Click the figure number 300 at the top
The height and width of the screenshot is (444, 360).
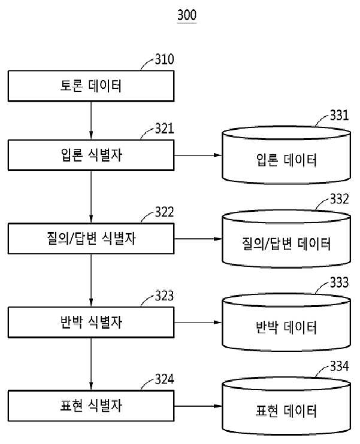(x=187, y=14)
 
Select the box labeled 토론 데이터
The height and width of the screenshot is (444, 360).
(x=91, y=86)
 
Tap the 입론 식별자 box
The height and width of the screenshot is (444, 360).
(x=91, y=155)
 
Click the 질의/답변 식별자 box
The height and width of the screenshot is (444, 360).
(x=91, y=238)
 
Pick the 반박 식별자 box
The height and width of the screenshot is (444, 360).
(x=91, y=323)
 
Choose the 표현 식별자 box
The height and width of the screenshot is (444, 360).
(x=91, y=406)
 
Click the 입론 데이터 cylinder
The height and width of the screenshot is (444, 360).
(x=286, y=155)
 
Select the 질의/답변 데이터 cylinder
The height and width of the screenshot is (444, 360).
(x=286, y=239)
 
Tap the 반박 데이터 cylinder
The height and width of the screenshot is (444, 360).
(x=286, y=323)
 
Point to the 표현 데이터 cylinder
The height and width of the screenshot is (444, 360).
(x=286, y=406)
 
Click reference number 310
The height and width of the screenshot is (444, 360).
(x=164, y=59)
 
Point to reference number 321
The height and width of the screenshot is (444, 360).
(x=164, y=129)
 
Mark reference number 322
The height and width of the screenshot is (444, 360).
(x=164, y=212)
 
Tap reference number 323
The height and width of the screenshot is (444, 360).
(x=164, y=296)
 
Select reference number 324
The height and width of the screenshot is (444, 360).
(x=164, y=379)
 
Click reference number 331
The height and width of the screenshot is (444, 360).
(x=339, y=115)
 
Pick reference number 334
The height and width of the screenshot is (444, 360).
(x=339, y=366)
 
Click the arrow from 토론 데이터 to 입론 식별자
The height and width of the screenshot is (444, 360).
(x=91, y=120)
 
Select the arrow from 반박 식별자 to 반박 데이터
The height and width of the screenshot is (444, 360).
(x=198, y=323)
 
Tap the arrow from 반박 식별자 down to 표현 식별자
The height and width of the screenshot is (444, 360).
(x=91, y=364)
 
